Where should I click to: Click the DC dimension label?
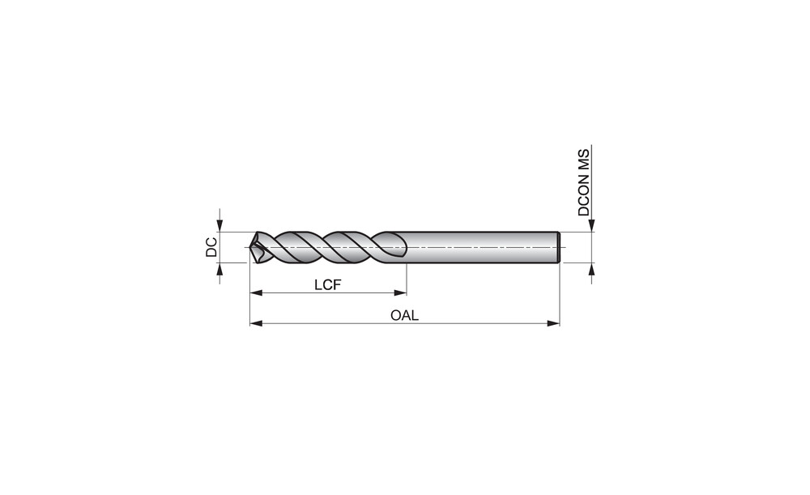pyautogui.click(x=211, y=247)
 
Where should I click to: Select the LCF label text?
pyautogui.click(x=328, y=284)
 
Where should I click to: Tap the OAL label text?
pyautogui.click(x=404, y=315)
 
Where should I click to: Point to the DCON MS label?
pyautogui.click(x=584, y=182)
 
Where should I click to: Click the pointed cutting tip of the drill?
pyautogui.click(x=250, y=248)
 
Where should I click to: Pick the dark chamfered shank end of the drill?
pyautogui.click(x=558, y=248)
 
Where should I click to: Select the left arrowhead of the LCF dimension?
pyautogui.click(x=256, y=293)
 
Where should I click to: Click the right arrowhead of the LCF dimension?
pyautogui.click(x=400, y=293)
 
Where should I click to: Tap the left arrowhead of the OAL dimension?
pyautogui.click(x=256, y=323)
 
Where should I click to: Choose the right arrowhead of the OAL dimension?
pyautogui.click(x=553, y=323)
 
